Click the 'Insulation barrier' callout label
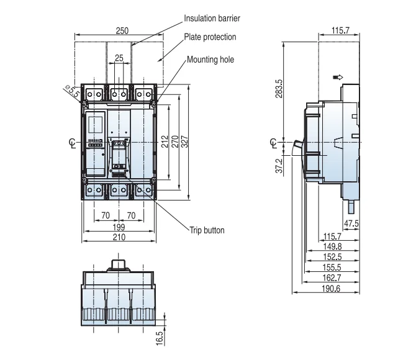tap(212, 18)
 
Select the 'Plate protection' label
tap(210, 37)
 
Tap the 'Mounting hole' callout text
tap(210, 60)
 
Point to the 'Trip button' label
tap(207, 230)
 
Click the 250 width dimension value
tap(122, 31)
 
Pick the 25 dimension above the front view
tap(119, 58)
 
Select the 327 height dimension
tap(185, 142)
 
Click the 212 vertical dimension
tap(165, 142)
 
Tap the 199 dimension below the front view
tap(119, 227)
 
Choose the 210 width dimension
tap(119, 237)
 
